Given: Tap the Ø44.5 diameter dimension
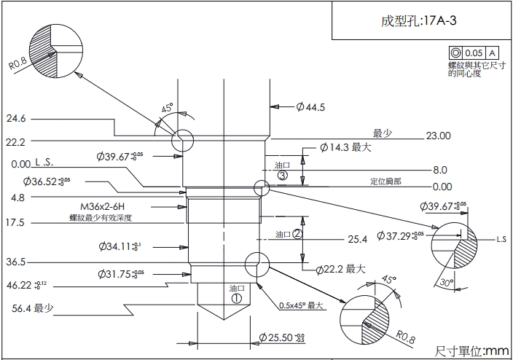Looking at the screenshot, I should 310,107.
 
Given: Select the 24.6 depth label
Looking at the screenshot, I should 16,119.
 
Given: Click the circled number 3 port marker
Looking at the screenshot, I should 283,176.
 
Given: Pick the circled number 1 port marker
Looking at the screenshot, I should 236,297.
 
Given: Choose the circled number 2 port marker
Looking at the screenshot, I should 297,234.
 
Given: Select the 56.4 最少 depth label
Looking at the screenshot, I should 33,309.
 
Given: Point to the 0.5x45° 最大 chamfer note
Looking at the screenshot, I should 301,305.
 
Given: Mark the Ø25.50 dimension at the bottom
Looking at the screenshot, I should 282,338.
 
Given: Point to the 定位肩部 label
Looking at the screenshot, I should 385,181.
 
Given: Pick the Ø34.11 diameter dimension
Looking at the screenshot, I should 120,246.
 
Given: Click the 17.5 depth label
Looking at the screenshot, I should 15,222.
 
